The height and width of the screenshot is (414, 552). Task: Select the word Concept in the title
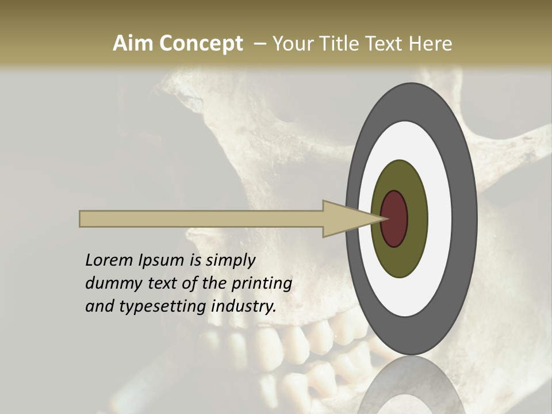[x=201, y=44]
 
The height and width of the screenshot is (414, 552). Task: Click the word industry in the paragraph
[x=243, y=306]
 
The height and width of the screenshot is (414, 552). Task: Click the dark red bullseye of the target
[x=394, y=218]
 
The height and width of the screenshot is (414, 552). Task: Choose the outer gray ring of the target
[x=467, y=218]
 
